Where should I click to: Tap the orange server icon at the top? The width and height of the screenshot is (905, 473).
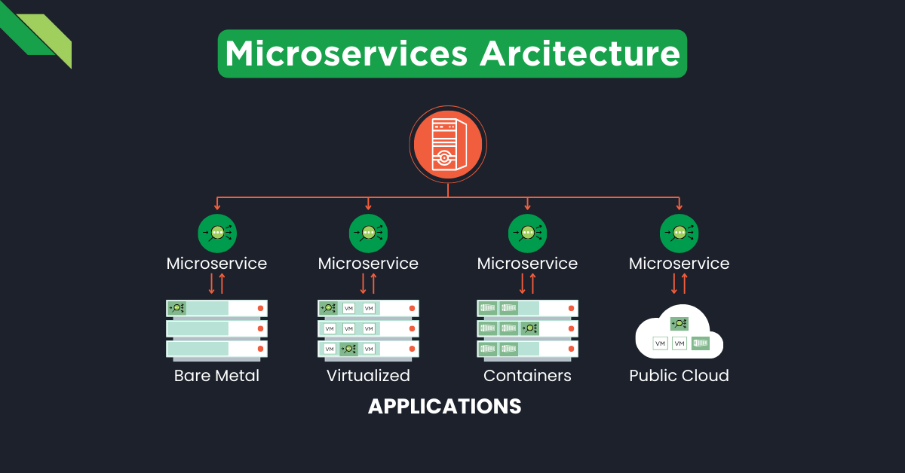coord(448,144)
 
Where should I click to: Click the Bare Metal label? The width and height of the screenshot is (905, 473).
coord(216,375)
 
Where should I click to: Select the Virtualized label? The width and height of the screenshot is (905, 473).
coord(368,375)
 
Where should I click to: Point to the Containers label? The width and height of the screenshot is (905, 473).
coord(527,375)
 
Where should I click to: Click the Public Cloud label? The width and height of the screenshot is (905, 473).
coord(679,375)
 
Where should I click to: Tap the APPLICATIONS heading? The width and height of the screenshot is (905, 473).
coord(444,407)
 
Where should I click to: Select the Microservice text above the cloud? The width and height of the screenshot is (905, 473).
coord(679,264)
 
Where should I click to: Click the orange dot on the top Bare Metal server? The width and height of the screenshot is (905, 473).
coord(261,308)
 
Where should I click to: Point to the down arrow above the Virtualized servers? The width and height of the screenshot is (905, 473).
coord(364,283)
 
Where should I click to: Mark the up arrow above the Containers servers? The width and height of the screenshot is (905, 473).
coord(532,283)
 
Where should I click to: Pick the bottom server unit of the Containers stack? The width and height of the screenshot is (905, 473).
coord(527,349)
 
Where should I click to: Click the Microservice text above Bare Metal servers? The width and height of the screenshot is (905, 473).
coord(216,264)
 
